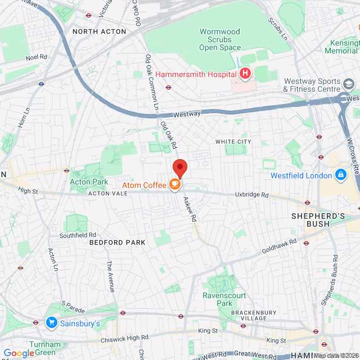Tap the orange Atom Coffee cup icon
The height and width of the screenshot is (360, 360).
pyautogui.click(x=175, y=184)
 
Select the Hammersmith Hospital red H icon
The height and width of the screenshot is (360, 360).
pyautogui.click(x=245, y=74)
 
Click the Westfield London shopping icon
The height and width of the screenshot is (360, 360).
pyautogui.click(x=340, y=175)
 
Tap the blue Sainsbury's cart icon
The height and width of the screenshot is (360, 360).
pyautogui.click(x=52, y=323)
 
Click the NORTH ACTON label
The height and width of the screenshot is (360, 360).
pyautogui.click(x=99, y=31)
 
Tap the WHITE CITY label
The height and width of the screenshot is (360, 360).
pyautogui.click(x=233, y=141)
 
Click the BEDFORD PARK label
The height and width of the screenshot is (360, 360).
pyautogui.click(x=117, y=242)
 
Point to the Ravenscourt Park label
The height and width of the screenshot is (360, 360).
pyautogui.click(x=217, y=299)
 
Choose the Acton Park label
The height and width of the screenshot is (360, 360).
pyautogui.click(x=89, y=182)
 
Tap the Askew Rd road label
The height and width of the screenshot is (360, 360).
pyautogui.click(x=190, y=208)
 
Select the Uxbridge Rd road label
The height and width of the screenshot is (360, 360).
pyautogui.click(x=252, y=195)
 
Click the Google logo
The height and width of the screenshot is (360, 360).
pyautogui.click(x=19, y=353)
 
